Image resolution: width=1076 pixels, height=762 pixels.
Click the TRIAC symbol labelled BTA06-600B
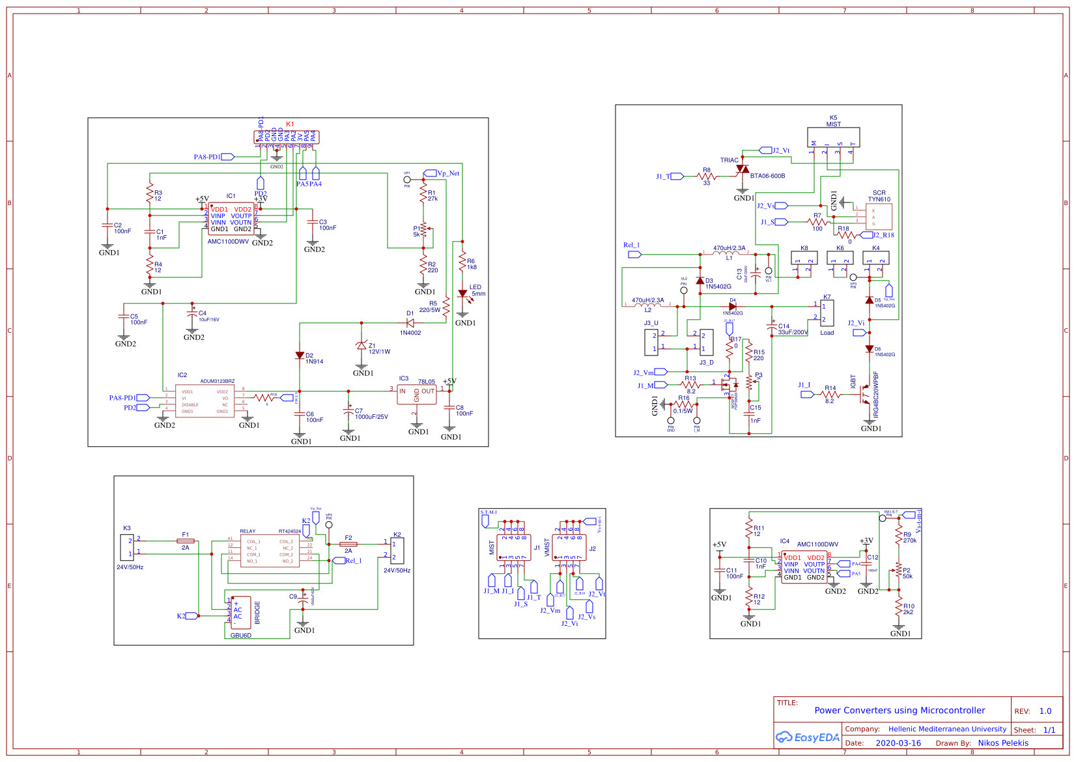742,169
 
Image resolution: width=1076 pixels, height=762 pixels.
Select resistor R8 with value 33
707,176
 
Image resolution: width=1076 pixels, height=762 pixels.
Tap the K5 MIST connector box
834,137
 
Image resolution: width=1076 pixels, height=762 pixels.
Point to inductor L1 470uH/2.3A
726,253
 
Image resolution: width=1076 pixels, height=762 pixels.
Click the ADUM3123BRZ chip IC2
205,401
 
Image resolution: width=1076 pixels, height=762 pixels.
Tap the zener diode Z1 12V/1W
361,345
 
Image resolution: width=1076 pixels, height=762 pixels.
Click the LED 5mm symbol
462,294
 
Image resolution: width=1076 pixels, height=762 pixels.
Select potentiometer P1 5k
423,229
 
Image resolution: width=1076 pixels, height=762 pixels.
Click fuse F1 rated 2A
186,541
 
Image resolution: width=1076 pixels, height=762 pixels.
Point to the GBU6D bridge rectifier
240,612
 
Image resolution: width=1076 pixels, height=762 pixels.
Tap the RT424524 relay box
270,550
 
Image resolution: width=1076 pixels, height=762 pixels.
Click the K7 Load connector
827,313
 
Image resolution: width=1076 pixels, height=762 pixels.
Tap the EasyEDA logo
808,737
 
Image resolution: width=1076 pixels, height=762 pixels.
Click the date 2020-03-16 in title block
898,743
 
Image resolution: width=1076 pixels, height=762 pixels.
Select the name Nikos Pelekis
1003,743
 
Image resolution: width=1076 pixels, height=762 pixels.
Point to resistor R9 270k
899,537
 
